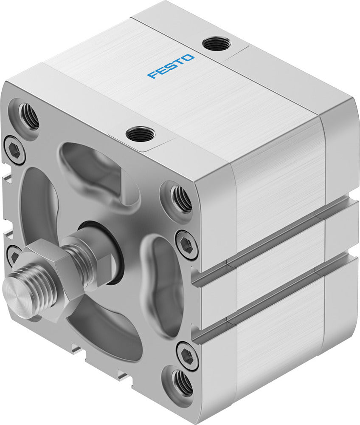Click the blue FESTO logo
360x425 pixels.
[171, 66]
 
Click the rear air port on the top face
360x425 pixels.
[216, 44]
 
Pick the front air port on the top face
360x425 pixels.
[138, 134]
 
